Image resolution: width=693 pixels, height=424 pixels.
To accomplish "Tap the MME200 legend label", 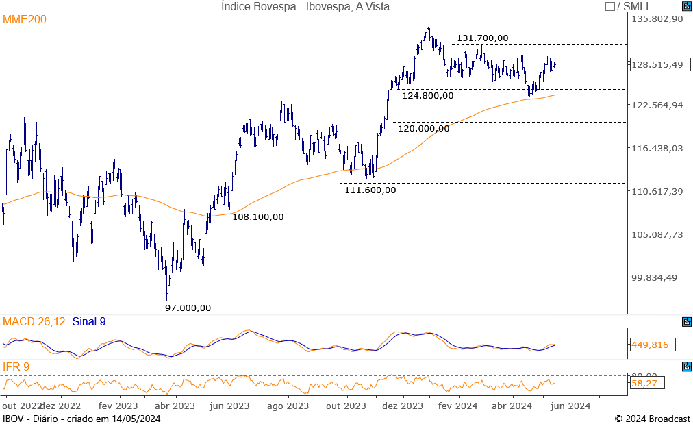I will point(25,20).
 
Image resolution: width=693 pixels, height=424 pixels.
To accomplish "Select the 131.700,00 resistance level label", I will point(482,38).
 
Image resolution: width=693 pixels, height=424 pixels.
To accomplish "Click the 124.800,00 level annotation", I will point(427,96).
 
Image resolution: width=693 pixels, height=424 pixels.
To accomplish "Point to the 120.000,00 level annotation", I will point(423,128).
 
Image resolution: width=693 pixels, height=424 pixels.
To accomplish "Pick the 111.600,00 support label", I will point(370,190).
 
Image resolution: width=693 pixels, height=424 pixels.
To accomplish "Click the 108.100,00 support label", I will point(257,217).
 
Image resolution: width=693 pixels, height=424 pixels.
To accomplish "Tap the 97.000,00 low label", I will point(188,308).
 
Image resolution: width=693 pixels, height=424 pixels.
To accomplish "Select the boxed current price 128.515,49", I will point(657,64).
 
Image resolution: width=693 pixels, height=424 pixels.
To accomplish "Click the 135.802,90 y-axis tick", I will point(657,19).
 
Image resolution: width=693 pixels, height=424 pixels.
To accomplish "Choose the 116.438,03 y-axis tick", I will point(657,148).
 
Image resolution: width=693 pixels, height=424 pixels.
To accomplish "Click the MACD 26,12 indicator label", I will point(35,321).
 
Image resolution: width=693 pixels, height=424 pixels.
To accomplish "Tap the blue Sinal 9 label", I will point(88,321).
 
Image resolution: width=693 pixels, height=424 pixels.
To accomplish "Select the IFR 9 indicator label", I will point(16,367).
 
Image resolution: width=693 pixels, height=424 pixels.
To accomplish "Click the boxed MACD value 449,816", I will point(651,345).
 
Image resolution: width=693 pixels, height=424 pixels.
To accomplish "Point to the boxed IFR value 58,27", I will point(645,384).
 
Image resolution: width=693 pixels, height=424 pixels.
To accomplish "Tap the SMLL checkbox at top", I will point(610,7).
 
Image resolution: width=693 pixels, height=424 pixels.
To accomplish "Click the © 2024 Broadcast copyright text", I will point(652,419).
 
